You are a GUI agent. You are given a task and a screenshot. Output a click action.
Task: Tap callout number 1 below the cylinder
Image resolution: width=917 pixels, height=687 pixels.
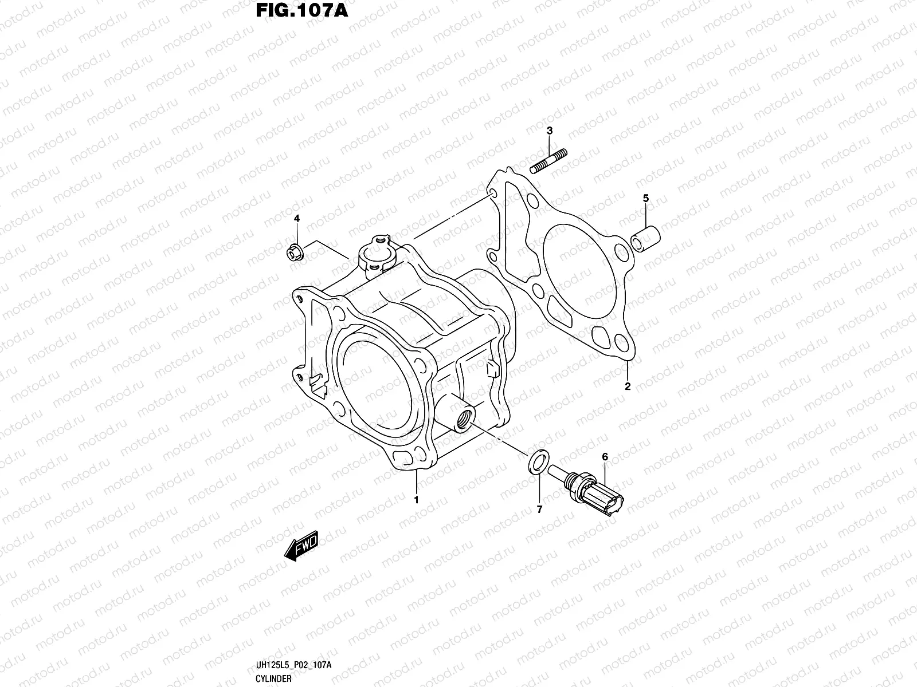tap(417, 500)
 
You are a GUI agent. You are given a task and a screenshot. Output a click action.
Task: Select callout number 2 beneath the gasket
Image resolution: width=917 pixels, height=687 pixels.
tap(628, 386)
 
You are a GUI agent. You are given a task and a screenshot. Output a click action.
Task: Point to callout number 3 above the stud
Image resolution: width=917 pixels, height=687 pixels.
tap(550, 131)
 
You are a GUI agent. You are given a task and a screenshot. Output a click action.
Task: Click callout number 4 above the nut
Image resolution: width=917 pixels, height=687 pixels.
tap(297, 219)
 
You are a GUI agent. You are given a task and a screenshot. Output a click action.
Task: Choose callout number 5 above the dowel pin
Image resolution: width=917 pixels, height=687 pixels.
tap(645, 198)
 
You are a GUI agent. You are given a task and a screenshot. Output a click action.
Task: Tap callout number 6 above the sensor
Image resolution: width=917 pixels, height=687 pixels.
tap(605, 456)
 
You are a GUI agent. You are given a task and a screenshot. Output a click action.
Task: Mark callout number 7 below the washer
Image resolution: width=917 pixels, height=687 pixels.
tap(539, 508)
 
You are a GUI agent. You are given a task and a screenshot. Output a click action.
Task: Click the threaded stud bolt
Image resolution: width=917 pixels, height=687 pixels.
tap(549, 160)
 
